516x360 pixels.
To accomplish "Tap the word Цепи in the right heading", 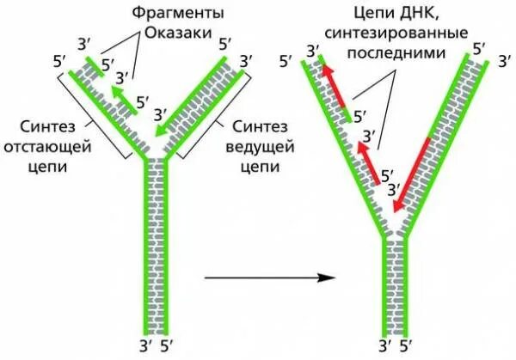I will click(x=375, y=15).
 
